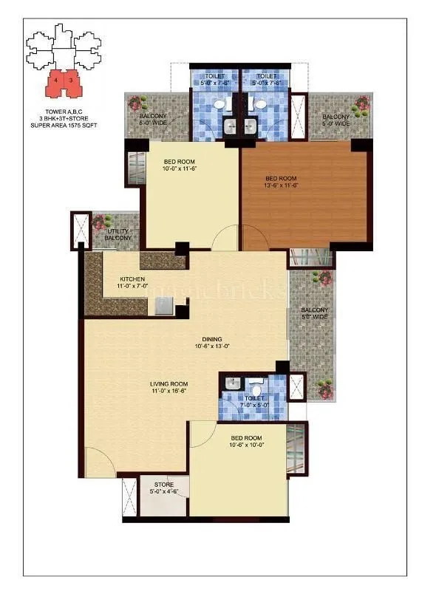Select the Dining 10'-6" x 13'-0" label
(x=212, y=342)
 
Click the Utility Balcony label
(x=117, y=234)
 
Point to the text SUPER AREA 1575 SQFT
(x=64, y=126)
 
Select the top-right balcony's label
(x=335, y=120)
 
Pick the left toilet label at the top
(x=214, y=80)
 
